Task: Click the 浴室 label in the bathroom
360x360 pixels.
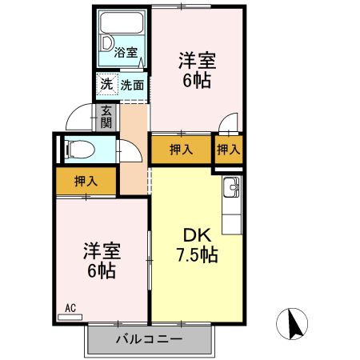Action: (126, 53)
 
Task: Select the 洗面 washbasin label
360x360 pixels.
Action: (132, 84)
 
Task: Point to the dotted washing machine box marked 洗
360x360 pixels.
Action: (106, 84)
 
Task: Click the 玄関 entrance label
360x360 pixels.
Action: (106, 118)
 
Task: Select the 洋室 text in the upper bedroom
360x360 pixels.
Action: (198, 61)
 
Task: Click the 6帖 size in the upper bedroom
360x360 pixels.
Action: (197, 81)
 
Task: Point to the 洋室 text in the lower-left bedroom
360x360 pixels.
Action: (102, 250)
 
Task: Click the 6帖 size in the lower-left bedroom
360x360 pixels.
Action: (102, 270)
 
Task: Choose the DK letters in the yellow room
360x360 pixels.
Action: (196, 236)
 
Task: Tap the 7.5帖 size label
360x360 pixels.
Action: (198, 256)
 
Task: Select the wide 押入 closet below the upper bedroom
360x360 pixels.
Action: (182, 149)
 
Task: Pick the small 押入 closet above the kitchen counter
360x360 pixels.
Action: (229, 149)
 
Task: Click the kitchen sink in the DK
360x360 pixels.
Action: (232, 189)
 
